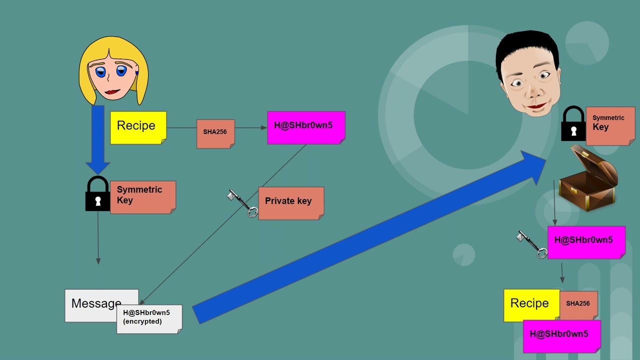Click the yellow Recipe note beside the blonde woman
(138, 127)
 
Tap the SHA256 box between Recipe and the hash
(215, 133)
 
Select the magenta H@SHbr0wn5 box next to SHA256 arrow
(306, 127)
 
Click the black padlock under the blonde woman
(97, 194)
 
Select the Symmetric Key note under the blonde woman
(142, 197)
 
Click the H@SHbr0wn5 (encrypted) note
(149, 318)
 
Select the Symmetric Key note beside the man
(610, 125)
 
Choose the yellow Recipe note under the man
(530, 304)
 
